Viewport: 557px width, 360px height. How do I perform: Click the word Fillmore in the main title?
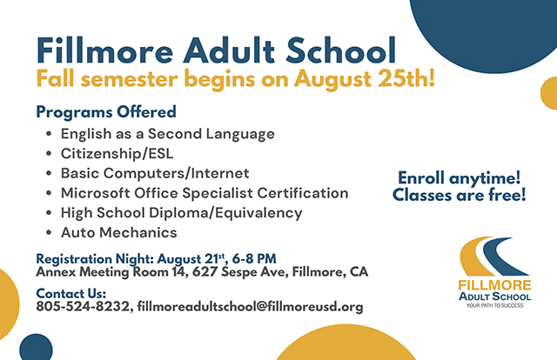point(104,50)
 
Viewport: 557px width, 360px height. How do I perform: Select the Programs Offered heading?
point(106,111)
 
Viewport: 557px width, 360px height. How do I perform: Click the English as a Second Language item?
point(168,134)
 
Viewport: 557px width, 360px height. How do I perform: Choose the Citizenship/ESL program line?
point(117,154)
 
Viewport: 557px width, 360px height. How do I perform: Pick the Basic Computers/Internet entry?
point(155,173)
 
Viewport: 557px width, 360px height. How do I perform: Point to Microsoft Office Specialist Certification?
point(205,193)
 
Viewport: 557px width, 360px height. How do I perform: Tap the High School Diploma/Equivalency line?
point(182,213)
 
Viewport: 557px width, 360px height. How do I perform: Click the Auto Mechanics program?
point(119,232)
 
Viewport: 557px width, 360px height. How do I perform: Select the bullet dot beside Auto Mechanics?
point(49,233)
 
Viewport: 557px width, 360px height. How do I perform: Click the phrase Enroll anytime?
point(459,177)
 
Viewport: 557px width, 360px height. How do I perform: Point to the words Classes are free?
point(459,195)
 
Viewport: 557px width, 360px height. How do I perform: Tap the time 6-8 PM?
point(254,258)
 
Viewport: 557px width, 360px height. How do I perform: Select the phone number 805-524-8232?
point(83,306)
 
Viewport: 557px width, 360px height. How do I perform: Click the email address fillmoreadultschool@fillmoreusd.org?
point(250,306)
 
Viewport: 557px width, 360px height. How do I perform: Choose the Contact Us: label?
point(71,293)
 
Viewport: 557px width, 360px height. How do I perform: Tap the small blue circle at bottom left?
point(36,348)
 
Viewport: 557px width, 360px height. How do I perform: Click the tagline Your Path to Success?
point(494,305)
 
